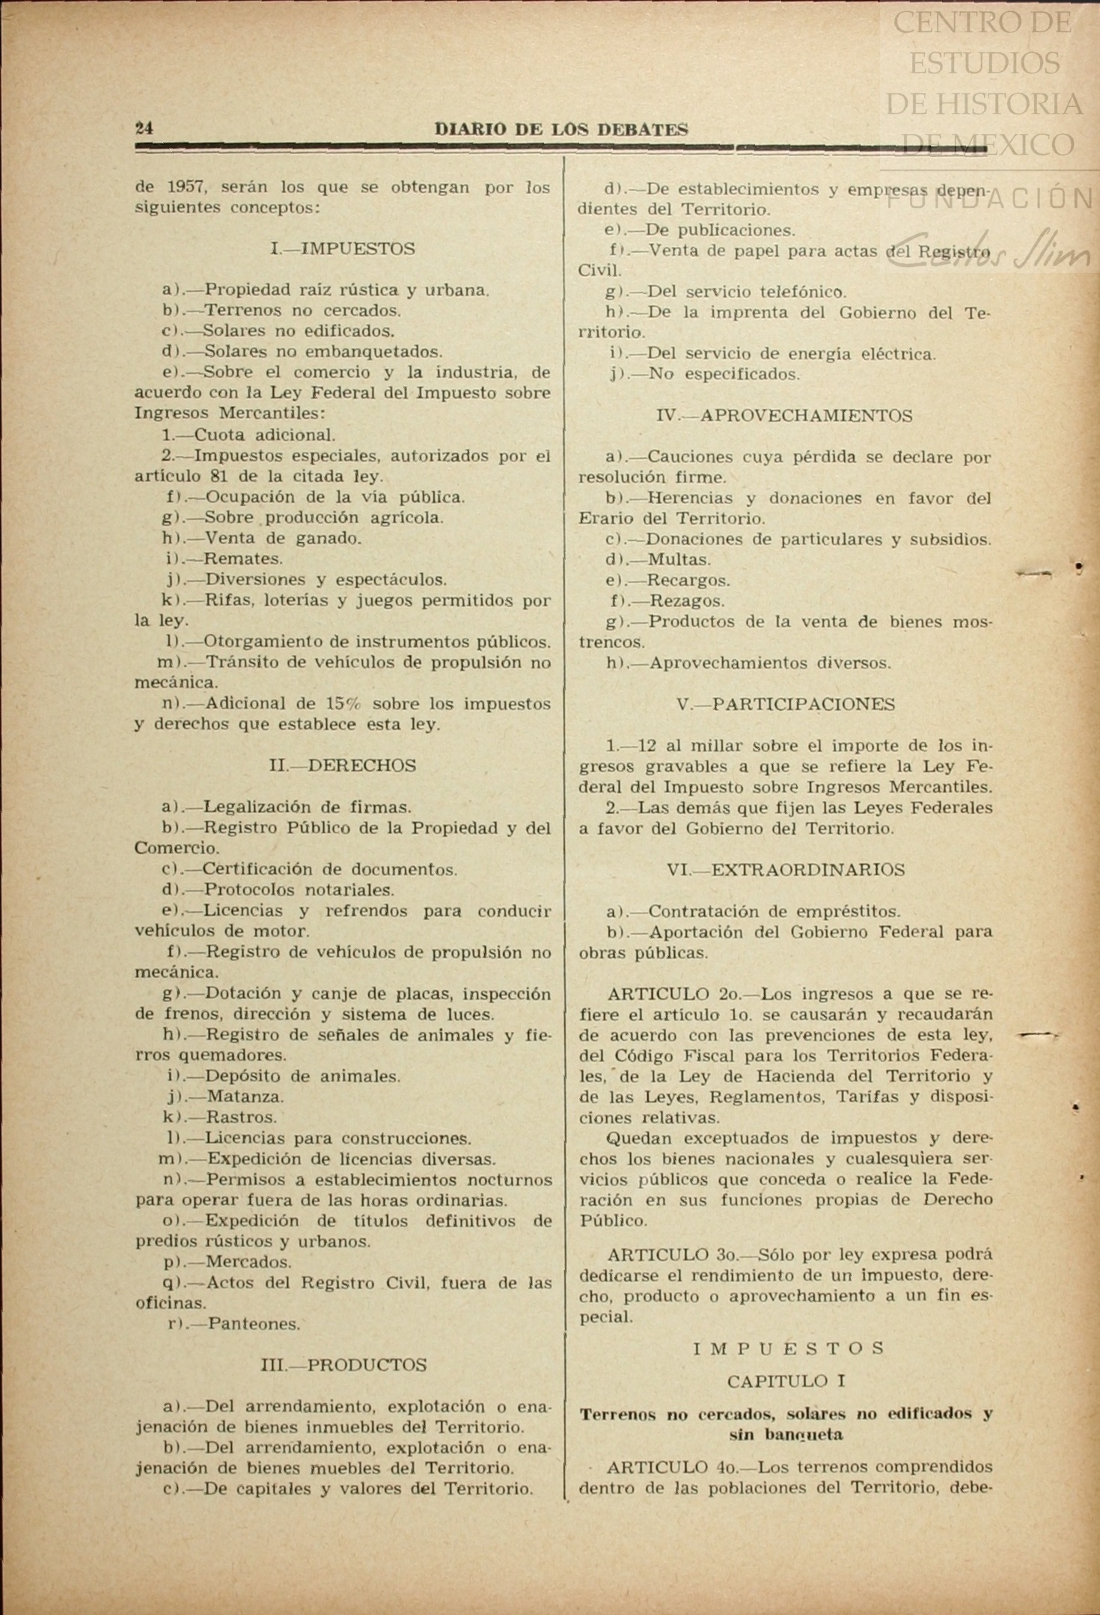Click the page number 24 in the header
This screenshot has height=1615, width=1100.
coord(144,129)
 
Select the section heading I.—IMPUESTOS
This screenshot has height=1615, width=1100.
coord(343,249)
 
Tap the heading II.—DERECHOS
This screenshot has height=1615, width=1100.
coord(343,765)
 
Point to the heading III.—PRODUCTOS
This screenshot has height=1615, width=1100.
coord(343,1365)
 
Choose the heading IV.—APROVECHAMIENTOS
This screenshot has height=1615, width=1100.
coord(783,415)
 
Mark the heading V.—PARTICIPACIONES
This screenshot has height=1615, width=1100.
coord(785,704)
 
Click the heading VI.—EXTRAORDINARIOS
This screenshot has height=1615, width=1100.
coord(785,870)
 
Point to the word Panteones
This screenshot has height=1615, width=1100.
coord(254,1324)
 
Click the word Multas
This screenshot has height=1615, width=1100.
coord(679,560)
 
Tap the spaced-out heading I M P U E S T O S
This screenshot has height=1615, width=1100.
coord(789,1348)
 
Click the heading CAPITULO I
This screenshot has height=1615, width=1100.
coord(786,1381)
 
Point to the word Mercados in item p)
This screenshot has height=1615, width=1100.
coord(249,1262)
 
